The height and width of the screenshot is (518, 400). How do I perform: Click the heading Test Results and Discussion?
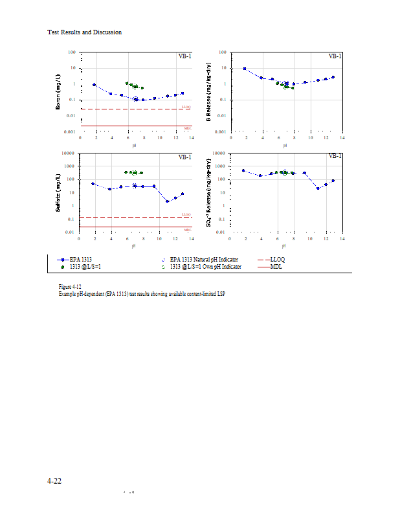click(x=85, y=32)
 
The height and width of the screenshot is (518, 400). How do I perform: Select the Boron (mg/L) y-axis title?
click(x=58, y=92)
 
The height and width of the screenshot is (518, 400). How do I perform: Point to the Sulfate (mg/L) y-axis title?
click(x=58, y=192)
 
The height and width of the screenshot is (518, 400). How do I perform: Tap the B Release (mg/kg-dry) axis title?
click(x=208, y=92)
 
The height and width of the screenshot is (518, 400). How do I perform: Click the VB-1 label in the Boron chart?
click(x=184, y=56)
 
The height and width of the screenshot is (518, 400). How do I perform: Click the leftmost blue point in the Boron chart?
click(x=94, y=85)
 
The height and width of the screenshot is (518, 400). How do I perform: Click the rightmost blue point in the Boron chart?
click(x=183, y=93)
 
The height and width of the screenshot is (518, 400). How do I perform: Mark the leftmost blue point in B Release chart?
click(x=245, y=69)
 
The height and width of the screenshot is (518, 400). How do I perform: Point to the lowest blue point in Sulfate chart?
click(x=167, y=201)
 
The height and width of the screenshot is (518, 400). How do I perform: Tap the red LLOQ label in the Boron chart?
click(x=186, y=107)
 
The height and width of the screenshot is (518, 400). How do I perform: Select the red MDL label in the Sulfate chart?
click(x=188, y=229)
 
